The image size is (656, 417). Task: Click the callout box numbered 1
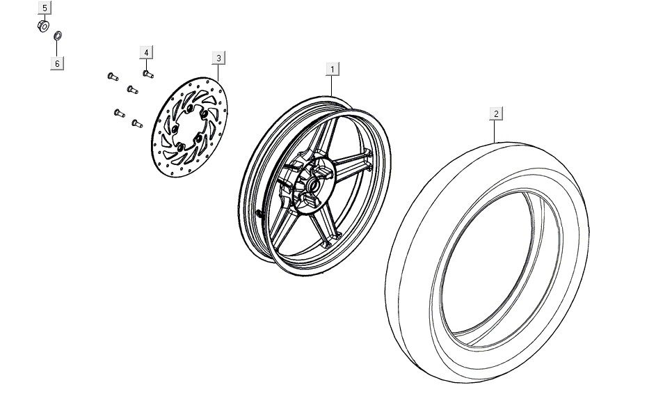click(x=333, y=69)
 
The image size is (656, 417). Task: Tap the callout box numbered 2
click(x=496, y=113)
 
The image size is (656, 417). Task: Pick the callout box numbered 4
click(x=146, y=53)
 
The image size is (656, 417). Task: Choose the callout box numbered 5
click(x=45, y=8)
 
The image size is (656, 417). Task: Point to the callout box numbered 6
click(x=58, y=63)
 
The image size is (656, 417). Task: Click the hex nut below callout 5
click(x=42, y=26)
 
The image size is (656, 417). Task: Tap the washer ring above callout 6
click(x=58, y=34)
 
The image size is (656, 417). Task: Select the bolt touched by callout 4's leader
click(x=147, y=72)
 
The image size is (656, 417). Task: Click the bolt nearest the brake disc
click(x=136, y=124)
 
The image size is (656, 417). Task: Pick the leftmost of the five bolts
click(x=111, y=76)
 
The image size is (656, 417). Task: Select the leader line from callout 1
click(x=333, y=85)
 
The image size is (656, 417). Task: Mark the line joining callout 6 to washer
click(x=58, y=48)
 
